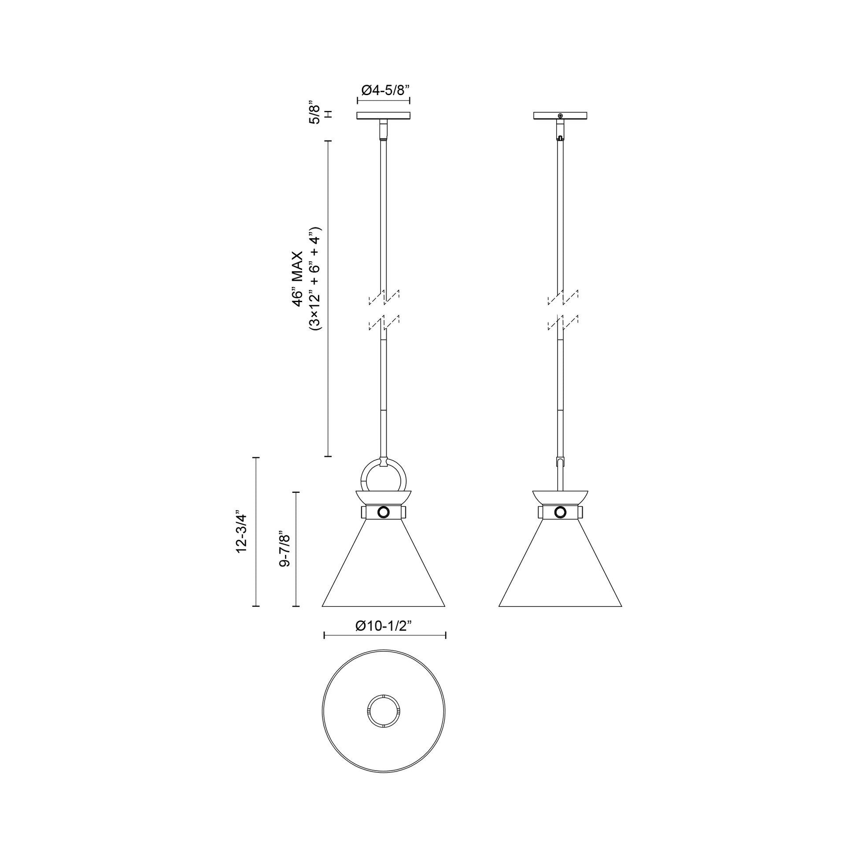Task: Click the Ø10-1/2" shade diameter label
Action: (x=384, y=626)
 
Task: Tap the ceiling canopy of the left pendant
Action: (x=383, y=116)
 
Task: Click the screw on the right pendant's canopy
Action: (x=561, y=116)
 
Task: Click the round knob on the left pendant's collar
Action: (x=383, y=512)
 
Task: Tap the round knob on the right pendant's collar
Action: (x=561, y=512)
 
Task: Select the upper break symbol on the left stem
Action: (x=384, y=298)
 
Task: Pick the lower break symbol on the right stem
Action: (x=562, y=322)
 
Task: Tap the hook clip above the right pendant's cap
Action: (x=560, y=463)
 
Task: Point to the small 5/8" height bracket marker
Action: (x=329, y=114)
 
